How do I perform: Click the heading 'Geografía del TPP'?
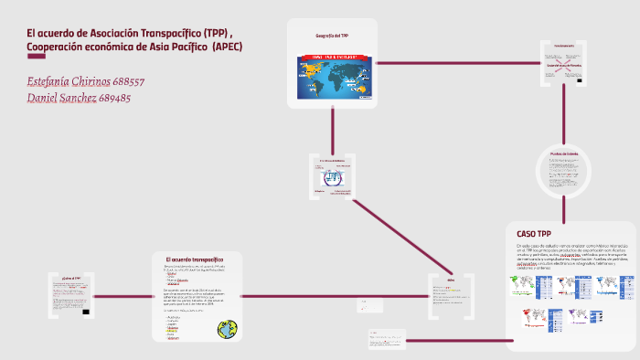[332, 35]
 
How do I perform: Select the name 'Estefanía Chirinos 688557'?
[86, 80]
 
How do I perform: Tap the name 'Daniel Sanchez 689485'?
[80, 97]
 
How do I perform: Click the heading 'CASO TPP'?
[534, 233]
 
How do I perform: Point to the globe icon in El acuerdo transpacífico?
[228, 328]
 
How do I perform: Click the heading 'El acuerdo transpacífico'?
[196, 259]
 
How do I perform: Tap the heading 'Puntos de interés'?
[564, 154]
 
